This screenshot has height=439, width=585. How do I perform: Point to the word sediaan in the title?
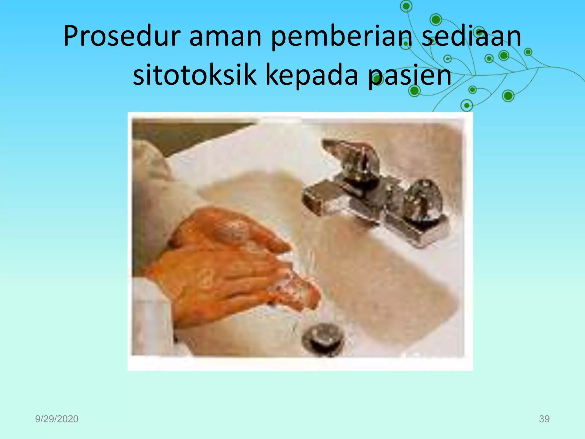pos(471,37)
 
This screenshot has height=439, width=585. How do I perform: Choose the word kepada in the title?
pos(312,76)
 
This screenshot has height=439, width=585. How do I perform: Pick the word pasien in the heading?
pos(410,76)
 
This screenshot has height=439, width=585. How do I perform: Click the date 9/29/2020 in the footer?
pos(57,419)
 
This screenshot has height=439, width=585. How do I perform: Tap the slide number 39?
pos(544,419)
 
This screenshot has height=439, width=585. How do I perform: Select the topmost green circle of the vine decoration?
pos(406,6)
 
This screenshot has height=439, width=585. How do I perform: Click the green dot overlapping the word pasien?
pos(378,81)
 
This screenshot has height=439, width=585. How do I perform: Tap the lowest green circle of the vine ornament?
pos(467,105)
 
